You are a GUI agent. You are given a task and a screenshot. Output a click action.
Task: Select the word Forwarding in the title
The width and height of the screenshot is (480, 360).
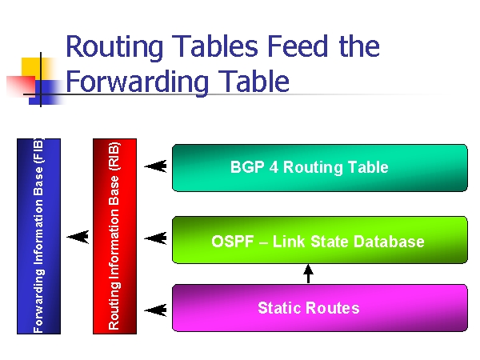coord(137,82)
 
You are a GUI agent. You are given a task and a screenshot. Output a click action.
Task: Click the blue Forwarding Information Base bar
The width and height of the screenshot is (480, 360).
coord(39,236)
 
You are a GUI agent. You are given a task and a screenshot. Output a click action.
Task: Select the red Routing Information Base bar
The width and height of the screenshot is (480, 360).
coord(114,236)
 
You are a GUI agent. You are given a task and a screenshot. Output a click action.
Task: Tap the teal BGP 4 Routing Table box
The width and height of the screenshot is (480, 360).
coord(320,168)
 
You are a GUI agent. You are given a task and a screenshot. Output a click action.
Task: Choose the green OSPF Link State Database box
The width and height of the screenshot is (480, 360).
coord(320,240)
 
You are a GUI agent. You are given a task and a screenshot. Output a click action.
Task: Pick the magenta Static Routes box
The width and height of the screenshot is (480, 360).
coord(320,308)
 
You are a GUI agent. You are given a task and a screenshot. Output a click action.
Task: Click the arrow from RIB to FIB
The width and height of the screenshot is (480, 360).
coord(78,237)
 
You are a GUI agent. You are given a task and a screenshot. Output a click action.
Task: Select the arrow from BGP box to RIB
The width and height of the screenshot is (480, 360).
coord(155,166)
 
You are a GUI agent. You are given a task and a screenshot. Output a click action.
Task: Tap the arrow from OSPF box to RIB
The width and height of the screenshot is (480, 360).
coord(155,238)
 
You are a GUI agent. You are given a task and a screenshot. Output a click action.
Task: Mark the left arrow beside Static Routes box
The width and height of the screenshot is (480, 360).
coord(155,310)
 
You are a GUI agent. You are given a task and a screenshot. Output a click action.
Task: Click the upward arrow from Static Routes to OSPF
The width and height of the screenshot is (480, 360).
coord(308,274)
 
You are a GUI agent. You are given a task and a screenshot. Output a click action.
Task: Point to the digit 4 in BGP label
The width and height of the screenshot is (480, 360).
coord(274,167)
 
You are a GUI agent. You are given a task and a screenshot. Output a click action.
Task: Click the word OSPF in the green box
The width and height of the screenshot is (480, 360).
coord(233,242)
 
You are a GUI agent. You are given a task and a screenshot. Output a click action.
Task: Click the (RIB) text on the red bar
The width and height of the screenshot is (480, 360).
coord(114,156)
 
